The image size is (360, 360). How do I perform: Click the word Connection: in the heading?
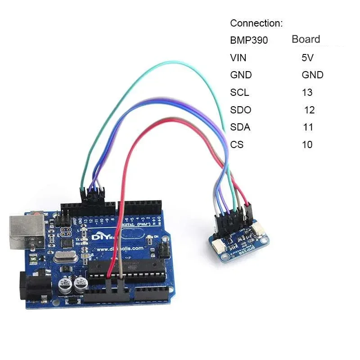point(256,23)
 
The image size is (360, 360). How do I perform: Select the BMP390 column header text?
point(249,40)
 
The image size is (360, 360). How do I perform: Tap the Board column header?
point(306,39)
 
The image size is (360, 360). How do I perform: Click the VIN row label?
point(238,58)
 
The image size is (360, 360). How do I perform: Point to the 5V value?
point(308,58)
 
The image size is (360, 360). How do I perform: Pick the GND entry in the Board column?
point(312,75)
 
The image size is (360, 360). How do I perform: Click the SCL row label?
point(239,93)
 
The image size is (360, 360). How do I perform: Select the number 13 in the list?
point(307,93)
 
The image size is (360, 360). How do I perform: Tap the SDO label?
point(240,110)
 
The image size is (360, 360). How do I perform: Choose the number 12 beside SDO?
point(309,110)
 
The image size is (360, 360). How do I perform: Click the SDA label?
point(240,127)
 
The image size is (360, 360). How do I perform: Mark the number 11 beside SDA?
point(308,127)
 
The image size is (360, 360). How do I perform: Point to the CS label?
point(237,145)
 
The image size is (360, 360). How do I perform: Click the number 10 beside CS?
point(307,145)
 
